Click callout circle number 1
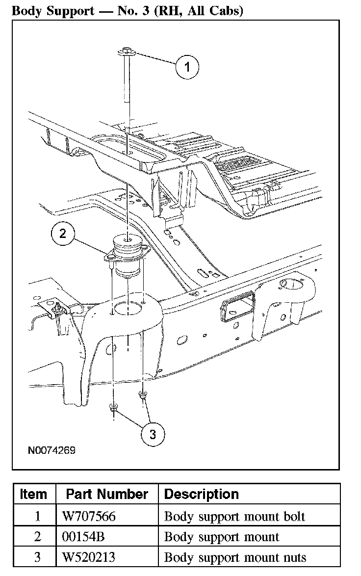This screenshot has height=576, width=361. tap(187, 67)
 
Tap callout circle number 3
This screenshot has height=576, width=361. tap(153, 434)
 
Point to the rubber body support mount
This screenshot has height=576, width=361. tap(127, 255)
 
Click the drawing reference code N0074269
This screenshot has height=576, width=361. tap(52, 450)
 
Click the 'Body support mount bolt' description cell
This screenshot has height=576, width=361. tap(234, 516)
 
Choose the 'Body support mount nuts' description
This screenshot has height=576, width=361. tap(235, 557)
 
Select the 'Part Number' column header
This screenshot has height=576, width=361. tap(107, 494)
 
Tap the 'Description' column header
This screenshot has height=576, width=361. tap(202, 494)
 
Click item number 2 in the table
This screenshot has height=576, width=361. tap(38, 537)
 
